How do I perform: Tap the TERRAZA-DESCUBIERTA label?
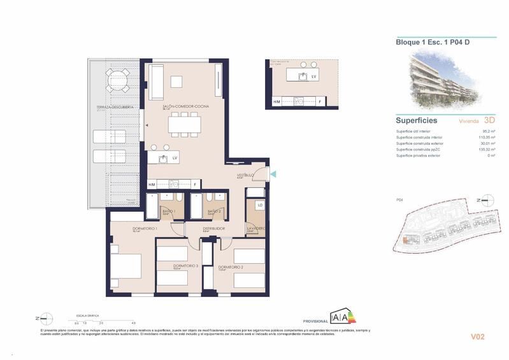coord(115,107)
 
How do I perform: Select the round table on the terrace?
coord(117,80)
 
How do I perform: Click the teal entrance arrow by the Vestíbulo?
coord(273,173)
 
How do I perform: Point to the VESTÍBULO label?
coord(246,175)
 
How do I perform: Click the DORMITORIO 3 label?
coord(185,266)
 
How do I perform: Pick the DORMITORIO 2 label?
coord(231,267)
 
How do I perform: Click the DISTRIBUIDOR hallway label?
coord(213,228)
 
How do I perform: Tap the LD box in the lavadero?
coord(260,205)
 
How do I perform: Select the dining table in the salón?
coord(185,124)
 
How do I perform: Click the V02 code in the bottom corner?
coord(478,336)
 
